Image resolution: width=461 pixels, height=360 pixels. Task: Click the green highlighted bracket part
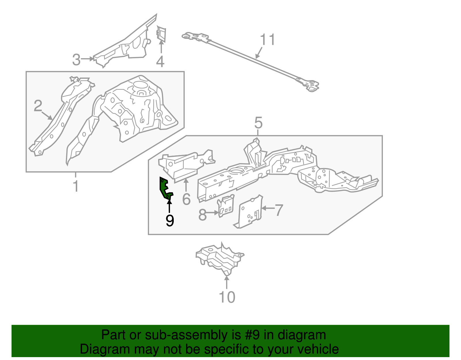pos(165,189)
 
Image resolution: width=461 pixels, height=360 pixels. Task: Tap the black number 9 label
pos(170,220)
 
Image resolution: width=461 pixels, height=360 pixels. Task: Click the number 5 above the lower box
pos(258,123)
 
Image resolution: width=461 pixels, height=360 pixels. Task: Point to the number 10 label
pos(227,297)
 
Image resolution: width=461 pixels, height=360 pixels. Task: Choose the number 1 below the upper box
pos(76,186)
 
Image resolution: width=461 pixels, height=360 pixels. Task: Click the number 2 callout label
pos(38,106)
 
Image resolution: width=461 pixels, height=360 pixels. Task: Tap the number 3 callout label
pos(76,60)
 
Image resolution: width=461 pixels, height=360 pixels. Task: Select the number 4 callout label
pos(160,62)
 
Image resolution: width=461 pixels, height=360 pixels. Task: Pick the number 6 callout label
pos(186,199)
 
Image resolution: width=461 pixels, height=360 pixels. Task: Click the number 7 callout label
pos(279,210)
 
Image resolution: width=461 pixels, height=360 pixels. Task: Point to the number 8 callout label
pos(203,215)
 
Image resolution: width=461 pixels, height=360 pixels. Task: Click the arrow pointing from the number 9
pos(169,205)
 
